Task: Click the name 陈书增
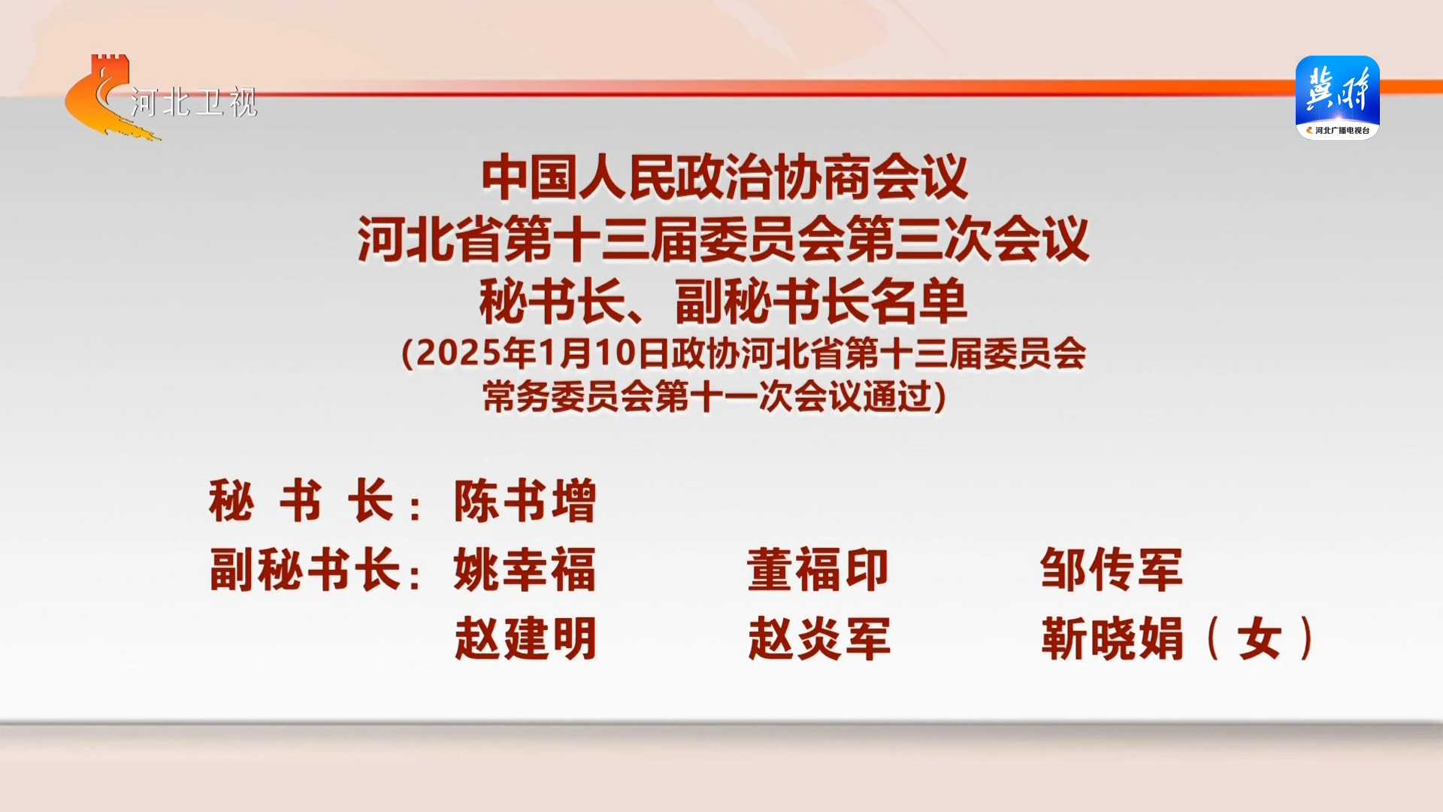(x=525, y=501)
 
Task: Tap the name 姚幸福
(x=525, y=570)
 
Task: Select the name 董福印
(x=818, y=570)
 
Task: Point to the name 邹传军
(x=1112, y=570)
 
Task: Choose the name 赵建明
(x=525, y=639)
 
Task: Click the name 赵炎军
(x=819, y=639)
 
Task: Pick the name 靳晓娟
(x=1112, y=639)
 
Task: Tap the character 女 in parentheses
(x=1260, y=639)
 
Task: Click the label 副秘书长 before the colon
(x=304, y=570)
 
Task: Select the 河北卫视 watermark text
(x=194, y=102)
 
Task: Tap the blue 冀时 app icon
(x=1338, y=97)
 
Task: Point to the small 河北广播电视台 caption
(x=1342, y=131)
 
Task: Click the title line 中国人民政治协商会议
(x=725, y=177)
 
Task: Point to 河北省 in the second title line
(x=430, y=240)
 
